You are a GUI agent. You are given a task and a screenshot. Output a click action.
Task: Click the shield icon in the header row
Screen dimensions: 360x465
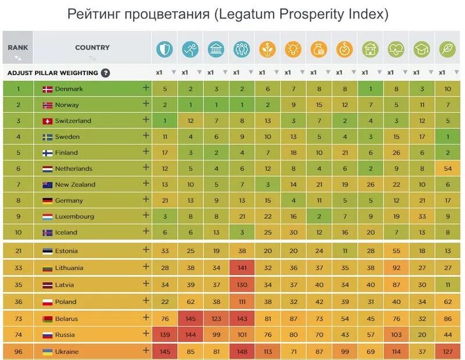[164, 49]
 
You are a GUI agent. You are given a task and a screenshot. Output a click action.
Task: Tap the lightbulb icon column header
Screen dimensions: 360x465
[294, 49]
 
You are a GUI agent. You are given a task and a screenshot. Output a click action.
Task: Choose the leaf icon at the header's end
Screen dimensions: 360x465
[447, 49]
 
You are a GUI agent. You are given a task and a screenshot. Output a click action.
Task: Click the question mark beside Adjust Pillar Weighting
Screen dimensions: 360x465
[105, 73]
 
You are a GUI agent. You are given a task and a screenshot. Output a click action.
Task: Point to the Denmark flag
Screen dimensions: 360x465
[48, 89]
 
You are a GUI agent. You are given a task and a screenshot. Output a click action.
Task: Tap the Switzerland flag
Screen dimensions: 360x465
[48, 121]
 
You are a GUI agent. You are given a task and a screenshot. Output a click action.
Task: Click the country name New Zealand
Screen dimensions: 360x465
[76, 184]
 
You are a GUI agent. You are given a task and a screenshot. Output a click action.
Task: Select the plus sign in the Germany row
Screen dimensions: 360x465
[146, 199]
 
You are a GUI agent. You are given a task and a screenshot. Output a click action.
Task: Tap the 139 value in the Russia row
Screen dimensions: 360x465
[164, 335]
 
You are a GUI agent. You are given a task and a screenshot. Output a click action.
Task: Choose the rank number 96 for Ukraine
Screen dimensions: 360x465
[17, 352]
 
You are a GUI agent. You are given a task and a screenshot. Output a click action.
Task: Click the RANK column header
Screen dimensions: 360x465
[17, 48]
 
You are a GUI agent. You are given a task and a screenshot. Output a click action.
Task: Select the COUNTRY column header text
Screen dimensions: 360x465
[92, 48]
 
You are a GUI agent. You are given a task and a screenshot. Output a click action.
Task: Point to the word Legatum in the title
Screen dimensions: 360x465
[248, 14]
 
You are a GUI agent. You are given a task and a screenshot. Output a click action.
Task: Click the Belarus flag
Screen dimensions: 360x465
[48, 319]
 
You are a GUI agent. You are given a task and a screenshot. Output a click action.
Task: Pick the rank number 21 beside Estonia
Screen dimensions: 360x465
[17, 251]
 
